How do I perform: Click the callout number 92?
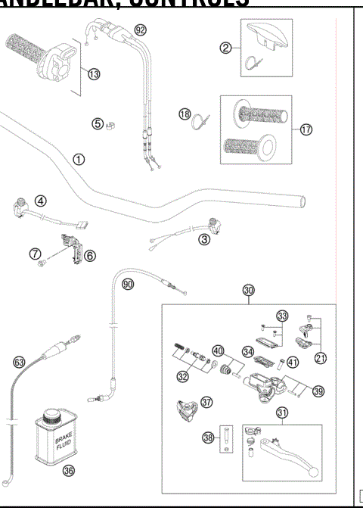(140, 30)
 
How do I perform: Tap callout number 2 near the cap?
(225, 48)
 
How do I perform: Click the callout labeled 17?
(306, 129)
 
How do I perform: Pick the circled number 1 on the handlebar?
(79, 159)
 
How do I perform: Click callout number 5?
(98, 123)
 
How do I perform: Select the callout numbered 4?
(41, 201)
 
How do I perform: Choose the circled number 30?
(249, 290)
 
